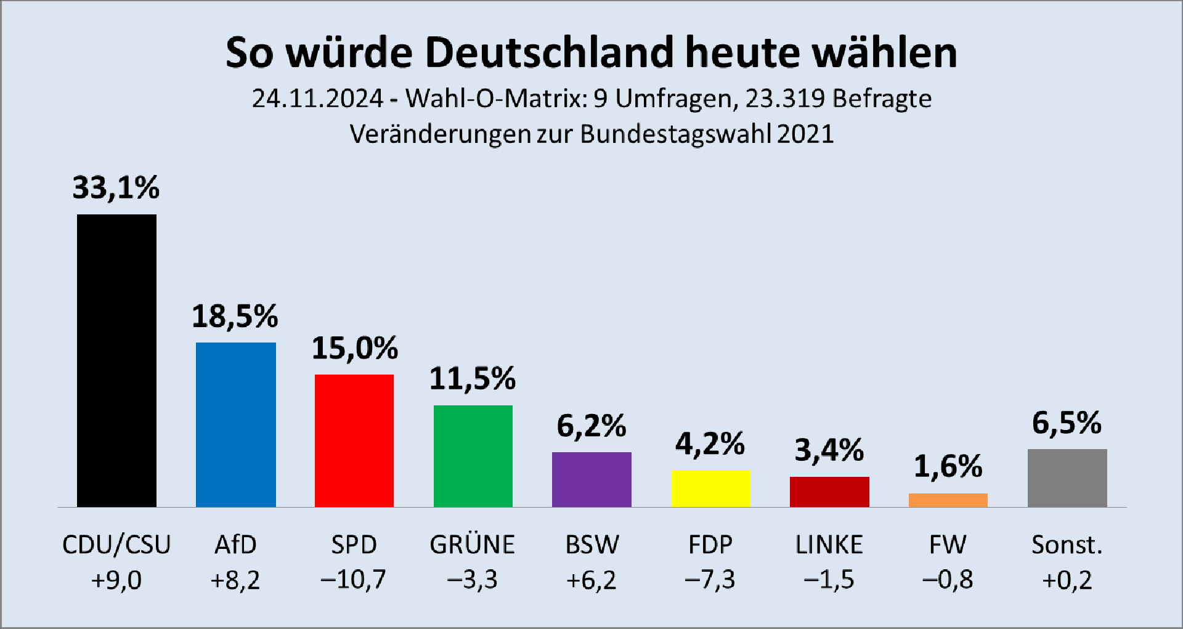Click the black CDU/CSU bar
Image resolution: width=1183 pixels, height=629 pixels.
pyautogui.click(x=116, y=360)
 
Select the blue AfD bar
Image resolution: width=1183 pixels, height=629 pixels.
pyautogui.click(x=235, y=424)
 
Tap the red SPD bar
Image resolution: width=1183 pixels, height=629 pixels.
pyautogui.click(x=354, y=440)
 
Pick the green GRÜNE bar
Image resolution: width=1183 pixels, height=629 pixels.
pyautogui.click(x=473, y=456)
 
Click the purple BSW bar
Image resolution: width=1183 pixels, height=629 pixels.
pyautogui.click(x=591, y=479)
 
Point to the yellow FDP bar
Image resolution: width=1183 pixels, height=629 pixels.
pyautogui.click(x=710, y=489)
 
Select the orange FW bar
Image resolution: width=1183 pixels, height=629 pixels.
pyautogui.click(x=948, y=500)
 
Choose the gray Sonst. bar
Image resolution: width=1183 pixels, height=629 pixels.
pyautogui.click(x=1067, y=478)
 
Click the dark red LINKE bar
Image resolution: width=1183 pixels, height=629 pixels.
pyautogui.click(x=829, y=492)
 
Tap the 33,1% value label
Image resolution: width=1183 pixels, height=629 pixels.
pyautogui.click(x=116, y=187)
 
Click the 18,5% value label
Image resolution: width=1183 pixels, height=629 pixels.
pyautogui.click(x=235, y=316)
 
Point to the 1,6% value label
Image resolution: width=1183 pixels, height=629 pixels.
pyautogui.click(x=948, y=466)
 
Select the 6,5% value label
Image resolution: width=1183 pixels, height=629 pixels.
pyautogui.click(x=1067, y=423)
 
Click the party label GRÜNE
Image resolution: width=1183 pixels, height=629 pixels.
pyautogui.click(x=473, y=545)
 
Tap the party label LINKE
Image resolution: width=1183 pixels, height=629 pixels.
pyautogui.click(x=829, y=545)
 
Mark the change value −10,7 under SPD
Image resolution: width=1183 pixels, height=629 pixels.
pyautogui.click(x=354, y=580)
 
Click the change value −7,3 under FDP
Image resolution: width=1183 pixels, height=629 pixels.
pyautogui.click(x=710, y=580)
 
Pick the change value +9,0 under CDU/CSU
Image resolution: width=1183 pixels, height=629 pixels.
pyautogui.click(x=116, y=580)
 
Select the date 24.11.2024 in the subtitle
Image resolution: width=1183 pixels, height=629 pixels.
pyautogui.click(x=317, y=99)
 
